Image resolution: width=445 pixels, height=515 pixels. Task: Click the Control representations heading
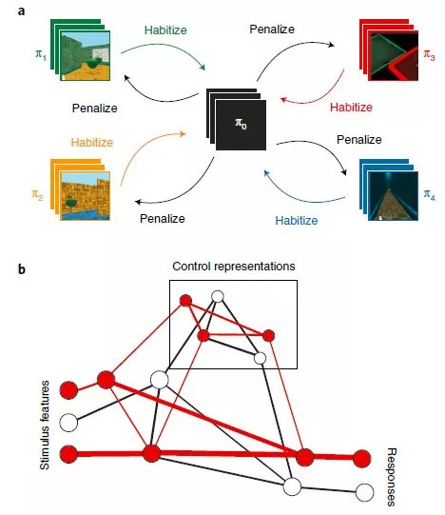(234, 265)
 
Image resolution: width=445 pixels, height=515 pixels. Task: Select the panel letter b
(22, 268)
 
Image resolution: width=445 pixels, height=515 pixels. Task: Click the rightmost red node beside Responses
(362, 460)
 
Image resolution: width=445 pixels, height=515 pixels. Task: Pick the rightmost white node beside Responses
(364, 494)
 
